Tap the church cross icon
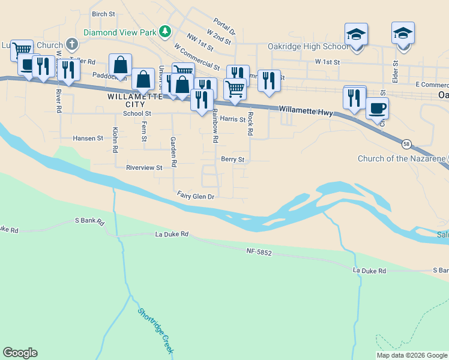(71, 44)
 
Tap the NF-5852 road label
(259, 253)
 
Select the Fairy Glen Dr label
(196, 196)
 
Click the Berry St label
(233, 160)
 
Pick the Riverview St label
(144, 168)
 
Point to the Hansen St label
(88, 138)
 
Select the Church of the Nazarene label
(402, 159)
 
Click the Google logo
(20, 353)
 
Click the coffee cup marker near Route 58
(377, 109)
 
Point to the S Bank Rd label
(89, 221)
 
